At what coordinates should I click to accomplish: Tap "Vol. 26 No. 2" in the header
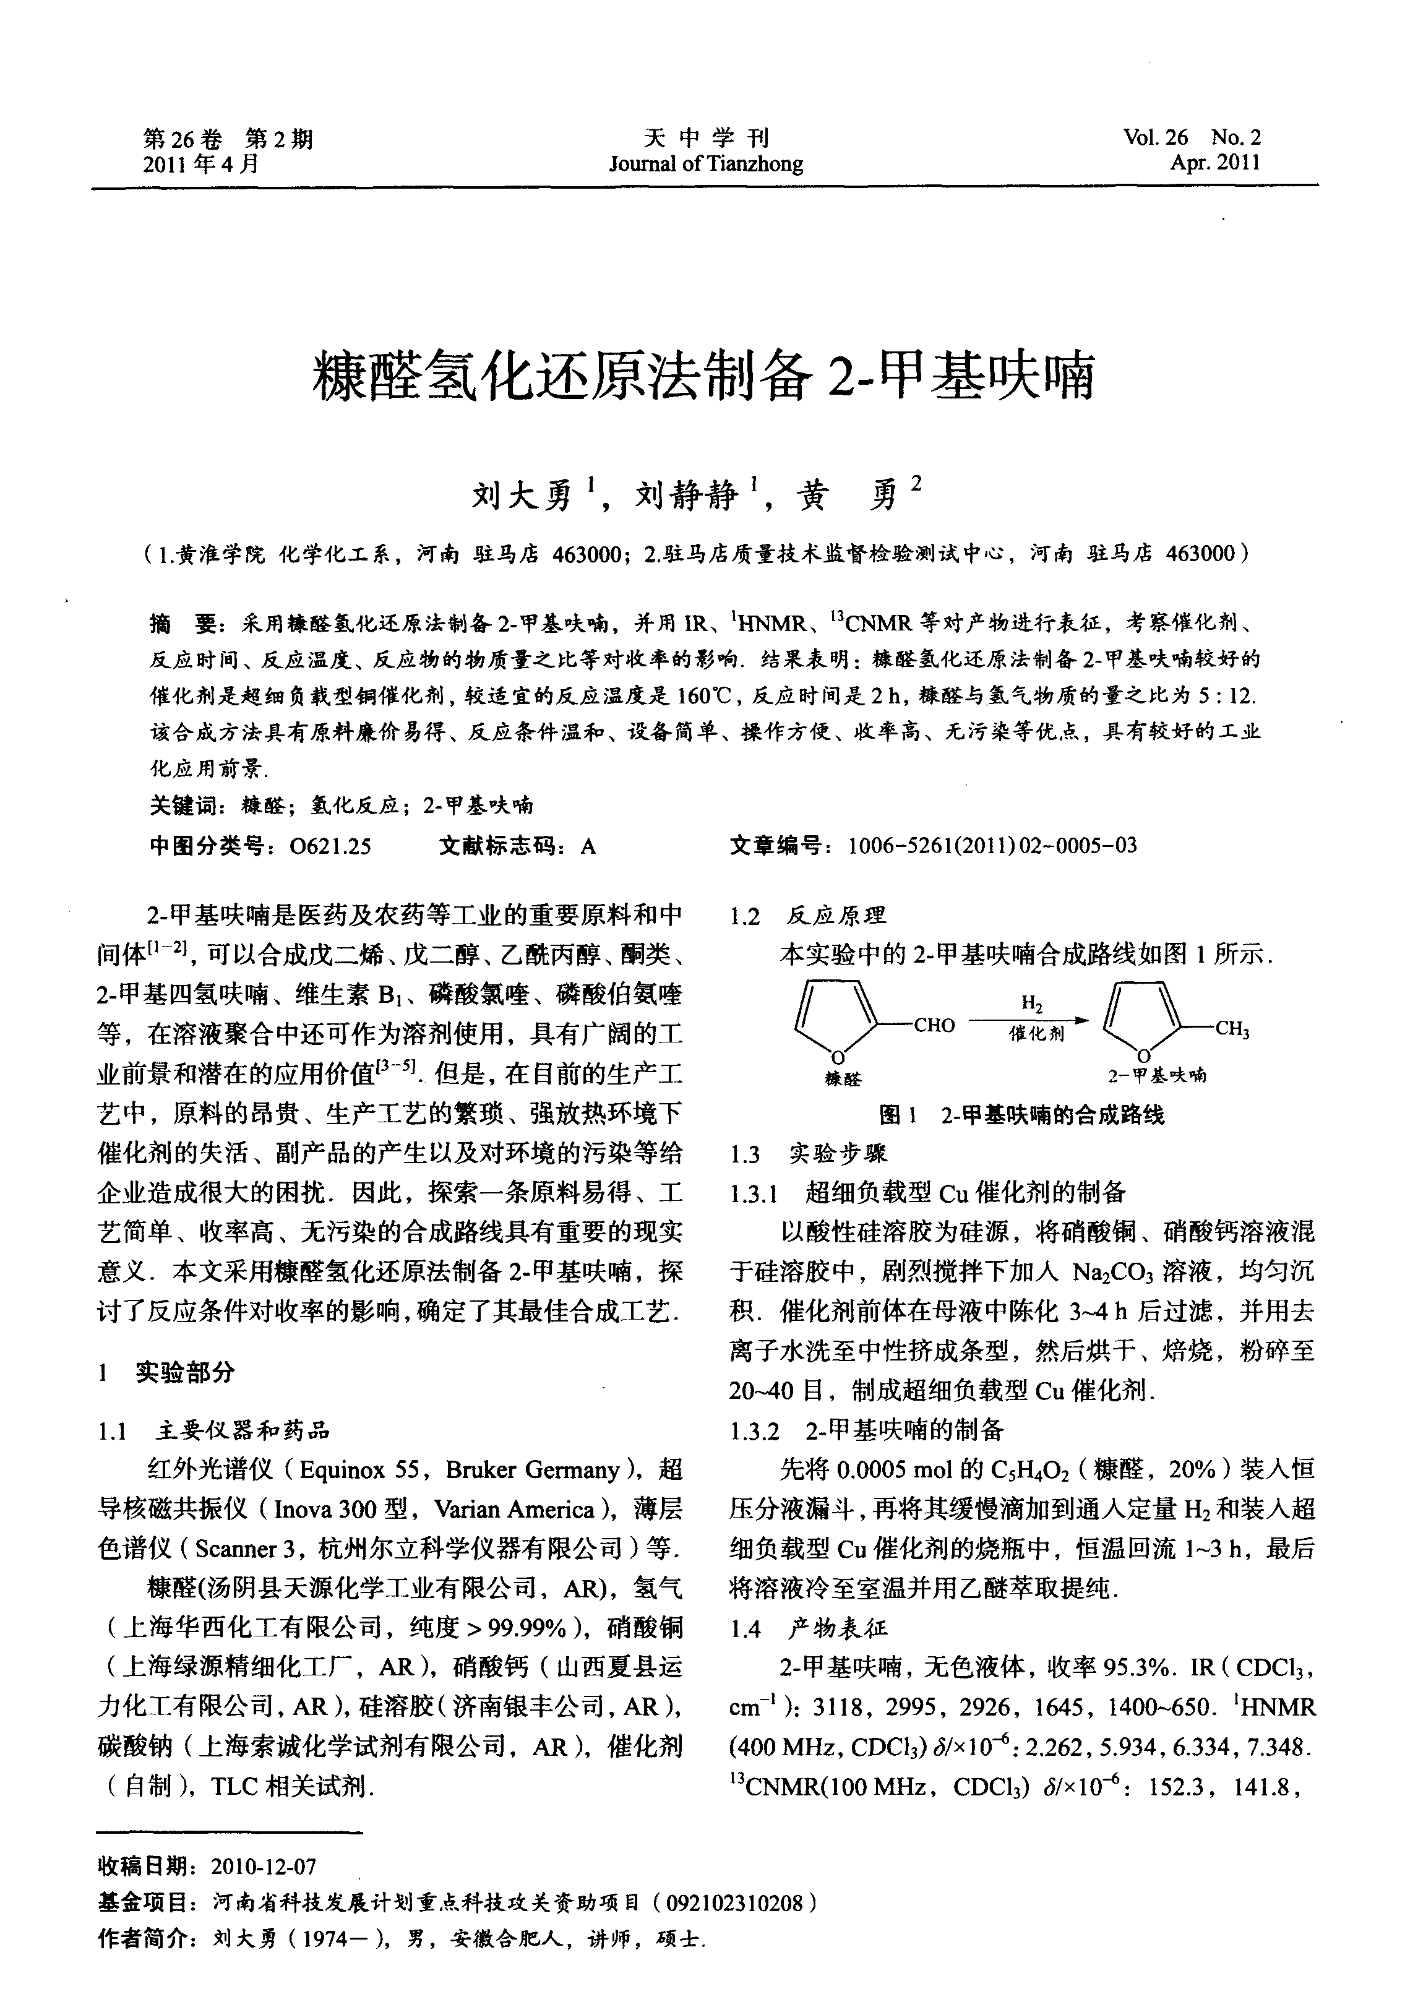[1192, 137]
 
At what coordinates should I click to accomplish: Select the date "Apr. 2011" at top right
[1215, 163]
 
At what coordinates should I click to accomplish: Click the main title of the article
[704, 377]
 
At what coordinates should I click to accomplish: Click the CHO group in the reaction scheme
[934, 1025]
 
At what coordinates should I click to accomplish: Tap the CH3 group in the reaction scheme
[1232, 1029]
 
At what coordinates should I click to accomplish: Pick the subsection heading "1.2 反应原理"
[808, 915]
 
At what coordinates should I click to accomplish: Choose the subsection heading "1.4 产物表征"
[809, 1628]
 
